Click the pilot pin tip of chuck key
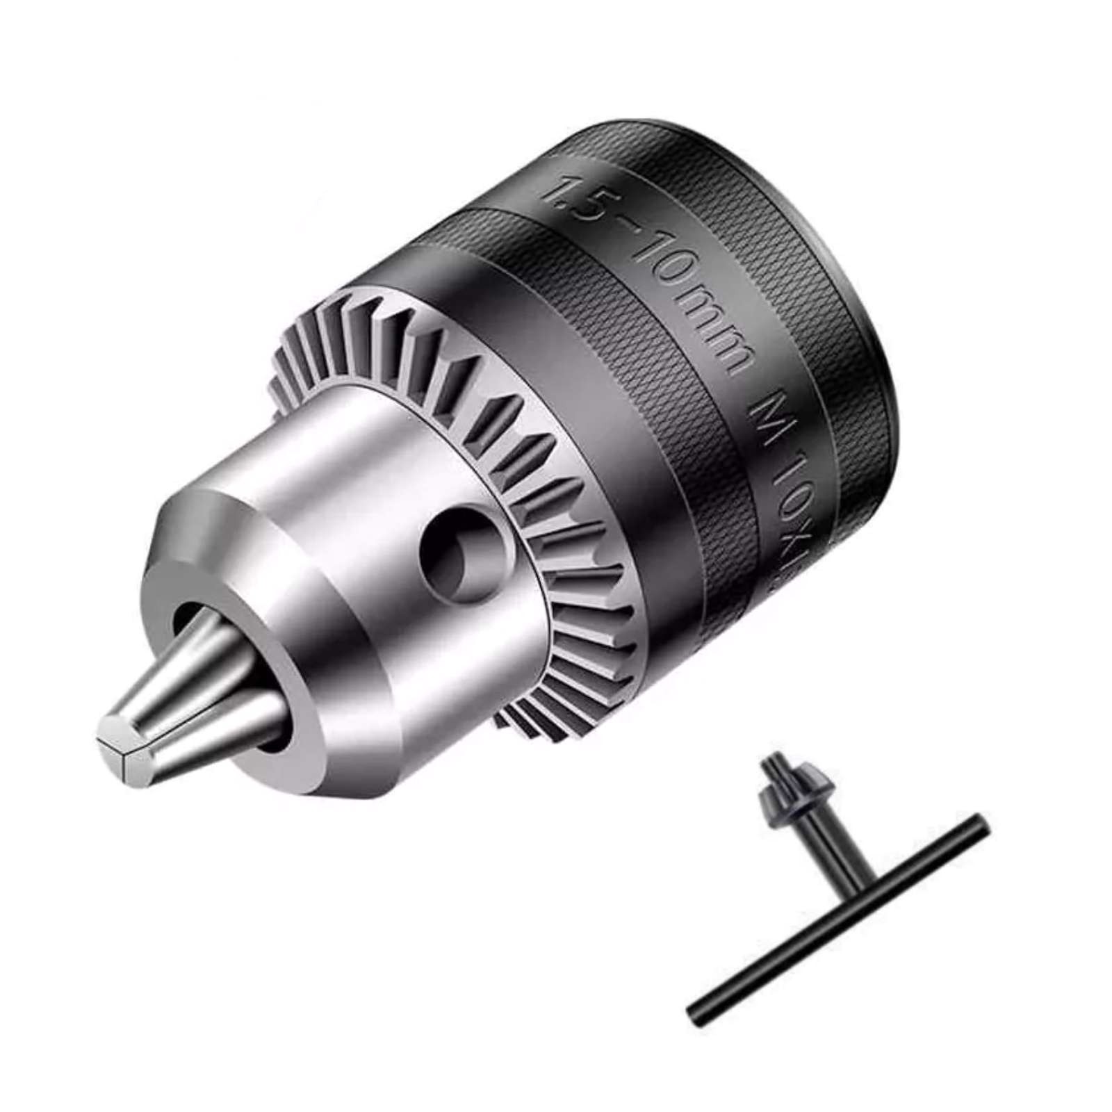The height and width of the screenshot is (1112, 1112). point(770,764)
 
